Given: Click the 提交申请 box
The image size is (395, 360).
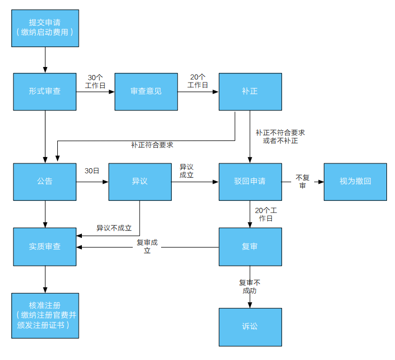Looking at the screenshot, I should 45,28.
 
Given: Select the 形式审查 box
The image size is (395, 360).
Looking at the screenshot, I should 45,92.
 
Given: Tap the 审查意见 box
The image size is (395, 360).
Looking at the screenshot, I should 146,92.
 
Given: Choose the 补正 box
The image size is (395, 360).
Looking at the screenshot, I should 250,92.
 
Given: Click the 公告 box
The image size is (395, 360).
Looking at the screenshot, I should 45,182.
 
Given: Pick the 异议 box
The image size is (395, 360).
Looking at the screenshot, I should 140,182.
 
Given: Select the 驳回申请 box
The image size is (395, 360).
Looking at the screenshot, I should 250,182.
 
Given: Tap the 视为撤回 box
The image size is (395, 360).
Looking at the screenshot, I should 355,182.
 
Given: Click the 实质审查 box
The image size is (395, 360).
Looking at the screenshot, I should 45,247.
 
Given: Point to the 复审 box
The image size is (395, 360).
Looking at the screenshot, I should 250,247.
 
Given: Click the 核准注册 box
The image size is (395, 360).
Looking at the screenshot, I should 45,316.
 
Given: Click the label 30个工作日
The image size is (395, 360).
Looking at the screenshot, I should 95,81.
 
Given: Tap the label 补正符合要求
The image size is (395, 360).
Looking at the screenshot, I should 152,145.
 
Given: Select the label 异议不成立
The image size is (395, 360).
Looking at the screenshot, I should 114,228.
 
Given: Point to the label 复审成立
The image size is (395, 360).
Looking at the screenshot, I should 147,246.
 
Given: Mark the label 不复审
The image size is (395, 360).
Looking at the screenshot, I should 302,182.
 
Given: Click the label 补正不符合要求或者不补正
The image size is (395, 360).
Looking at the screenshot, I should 280,137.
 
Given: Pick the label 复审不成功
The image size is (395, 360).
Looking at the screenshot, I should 249,287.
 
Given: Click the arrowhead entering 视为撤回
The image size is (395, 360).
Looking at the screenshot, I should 321,182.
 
